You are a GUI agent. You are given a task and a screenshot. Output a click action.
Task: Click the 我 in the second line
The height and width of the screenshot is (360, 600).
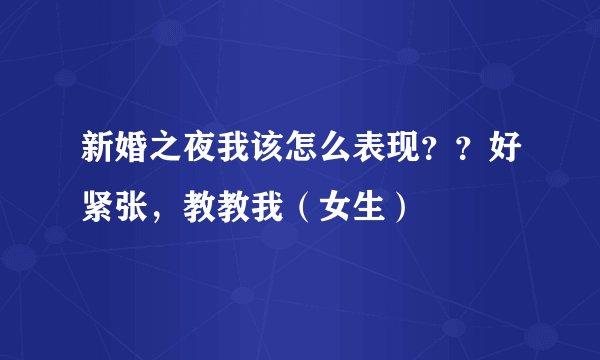coord(258,208)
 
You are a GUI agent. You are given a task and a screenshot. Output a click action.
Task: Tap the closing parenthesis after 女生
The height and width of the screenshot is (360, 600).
coord(397,208)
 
